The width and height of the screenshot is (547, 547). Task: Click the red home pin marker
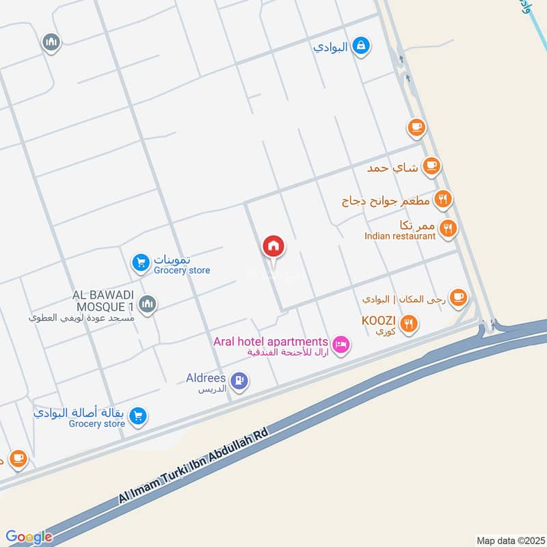pyautogui.click(x=273, y=247)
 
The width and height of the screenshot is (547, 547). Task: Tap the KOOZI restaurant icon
pyautogui.click(x=409, y=324)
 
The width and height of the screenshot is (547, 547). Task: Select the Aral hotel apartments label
pyautogui.click(x=271, y=341)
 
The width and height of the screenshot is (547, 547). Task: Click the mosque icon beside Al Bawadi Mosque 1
pyautogui.click(x=148, y=304)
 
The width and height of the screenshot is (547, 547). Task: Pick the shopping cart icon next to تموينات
pyautogui.click(x=140, y=262)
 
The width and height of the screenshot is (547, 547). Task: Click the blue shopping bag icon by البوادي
pyautogui.click(x=362, y=46)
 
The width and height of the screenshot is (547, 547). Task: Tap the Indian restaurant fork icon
pyautogui.click(x=448, y=229)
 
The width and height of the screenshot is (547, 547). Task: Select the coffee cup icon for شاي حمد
pyautogui.click(x=431, y=165)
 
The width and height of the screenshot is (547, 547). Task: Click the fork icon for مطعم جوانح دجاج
pyautogui.click(x=444, y=200)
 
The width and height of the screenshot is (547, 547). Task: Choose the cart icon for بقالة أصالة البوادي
pyautogui.click(x=138, y=415)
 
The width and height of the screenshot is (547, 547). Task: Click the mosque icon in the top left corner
pyautogui.click(x=51, y=43)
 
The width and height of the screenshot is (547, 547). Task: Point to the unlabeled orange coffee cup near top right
pyautogui.click(x=416, y=126)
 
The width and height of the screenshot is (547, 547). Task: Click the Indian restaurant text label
pyautogui.click(x=399, y=236)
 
